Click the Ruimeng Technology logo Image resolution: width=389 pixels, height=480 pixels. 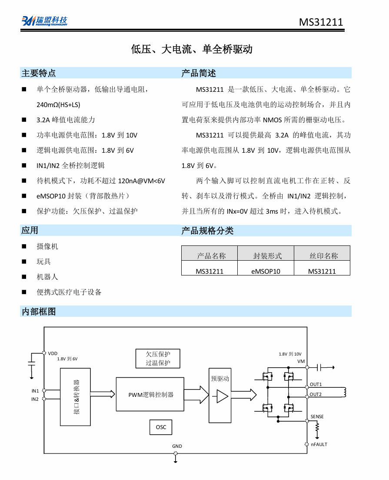click(44, 21)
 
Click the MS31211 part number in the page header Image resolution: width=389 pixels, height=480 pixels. click(321, 22)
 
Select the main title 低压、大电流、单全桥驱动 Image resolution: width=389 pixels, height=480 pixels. click(192, 49)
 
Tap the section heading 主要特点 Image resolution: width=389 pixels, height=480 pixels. click(39, 73)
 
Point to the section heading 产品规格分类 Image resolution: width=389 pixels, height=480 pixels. click(207, 231)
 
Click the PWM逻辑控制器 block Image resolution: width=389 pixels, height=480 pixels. click(150, 394)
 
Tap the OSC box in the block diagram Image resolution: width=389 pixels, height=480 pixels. click(161, 427)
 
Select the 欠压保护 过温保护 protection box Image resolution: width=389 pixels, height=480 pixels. click(158, 359)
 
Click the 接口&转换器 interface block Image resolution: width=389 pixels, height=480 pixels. click(75, 397)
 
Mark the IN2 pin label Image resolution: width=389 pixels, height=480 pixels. click(35, 399)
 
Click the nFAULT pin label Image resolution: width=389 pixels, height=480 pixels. click(319, 444)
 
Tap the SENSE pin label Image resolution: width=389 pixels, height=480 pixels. click(317, 416)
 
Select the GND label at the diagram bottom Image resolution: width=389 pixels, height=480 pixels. click(177, 446)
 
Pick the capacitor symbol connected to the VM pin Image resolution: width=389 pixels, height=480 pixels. click(319, 367)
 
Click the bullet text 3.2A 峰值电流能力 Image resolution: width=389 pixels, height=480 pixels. click(66, 120)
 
